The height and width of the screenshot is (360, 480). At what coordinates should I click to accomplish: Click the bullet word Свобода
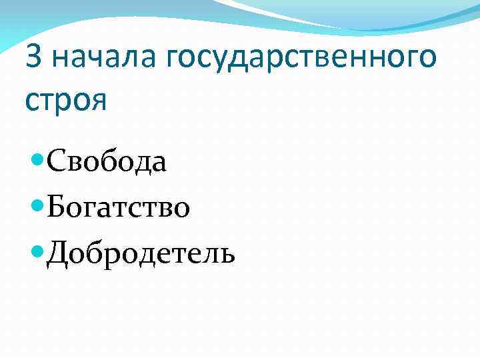pos(107,162)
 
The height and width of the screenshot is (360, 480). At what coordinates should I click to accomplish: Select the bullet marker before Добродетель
pos(38,252)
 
